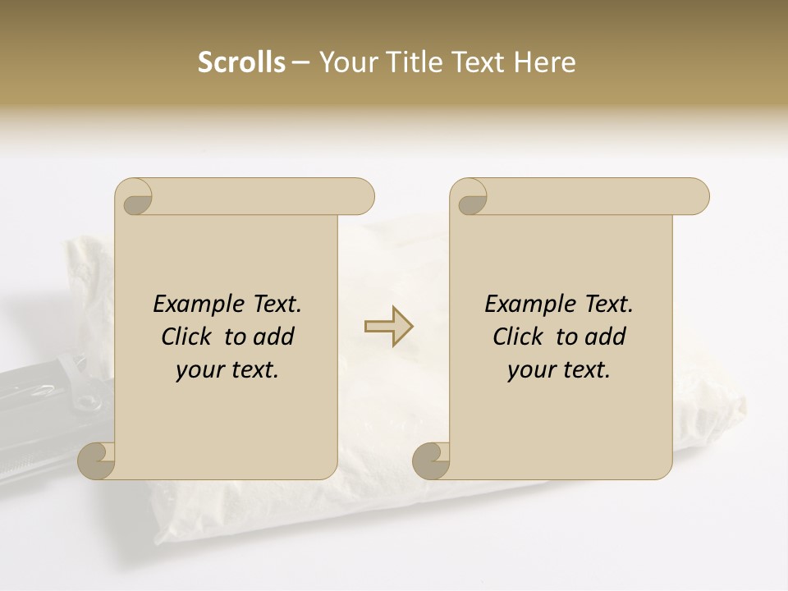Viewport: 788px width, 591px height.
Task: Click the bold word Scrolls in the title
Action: [x=241, y=62]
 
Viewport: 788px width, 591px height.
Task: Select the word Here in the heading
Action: [x=544, y=62]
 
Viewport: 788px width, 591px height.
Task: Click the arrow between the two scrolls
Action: [x=388, y=327]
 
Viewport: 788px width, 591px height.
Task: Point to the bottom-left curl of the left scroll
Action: [x=98, y=460]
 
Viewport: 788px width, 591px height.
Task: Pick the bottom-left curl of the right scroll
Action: [x=432, y=460]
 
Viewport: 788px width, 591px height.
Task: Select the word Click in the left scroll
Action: [x=187, y=337]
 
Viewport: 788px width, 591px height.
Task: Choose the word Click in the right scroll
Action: [x=518, y=337]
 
